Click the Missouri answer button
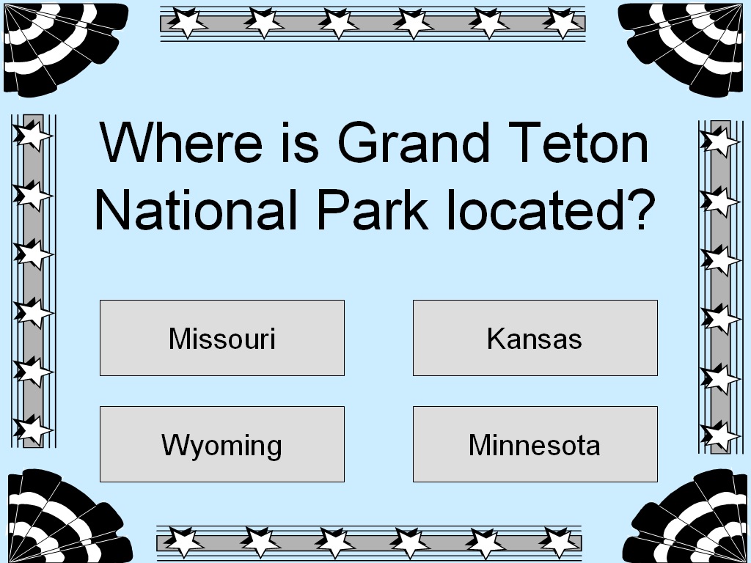click(221, 338)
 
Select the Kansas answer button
click(535, 338)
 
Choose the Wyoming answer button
click(221, 444)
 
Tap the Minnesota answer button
click(535, 444)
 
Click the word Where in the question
click(180, 144)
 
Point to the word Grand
click(411, 144)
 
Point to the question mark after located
click(639, 210)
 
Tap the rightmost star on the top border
click(563, 23)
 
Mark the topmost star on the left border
click(32, 135)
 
